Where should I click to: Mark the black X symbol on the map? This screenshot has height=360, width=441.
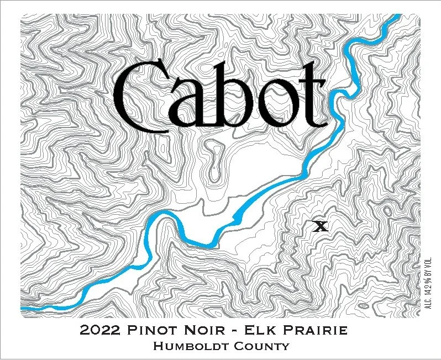click(x=320, y=225)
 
